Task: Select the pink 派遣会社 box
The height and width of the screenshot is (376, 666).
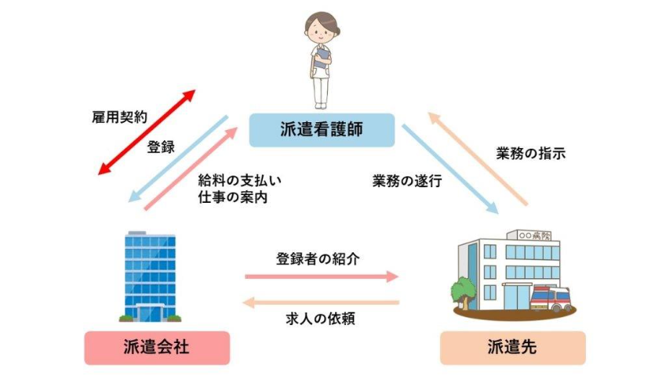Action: (x=157, y=347)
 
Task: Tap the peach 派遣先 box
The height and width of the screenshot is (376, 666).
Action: (x=512, y=347)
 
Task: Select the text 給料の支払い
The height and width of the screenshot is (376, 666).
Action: (x=240, y=179)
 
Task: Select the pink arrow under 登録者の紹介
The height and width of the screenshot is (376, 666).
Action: (x=322, y=277)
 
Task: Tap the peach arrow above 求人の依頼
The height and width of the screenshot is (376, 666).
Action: (x=322, y=302)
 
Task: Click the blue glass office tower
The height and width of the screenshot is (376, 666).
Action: (x=150, y=274)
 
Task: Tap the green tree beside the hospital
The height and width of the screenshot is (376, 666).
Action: (x=463, y=290)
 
